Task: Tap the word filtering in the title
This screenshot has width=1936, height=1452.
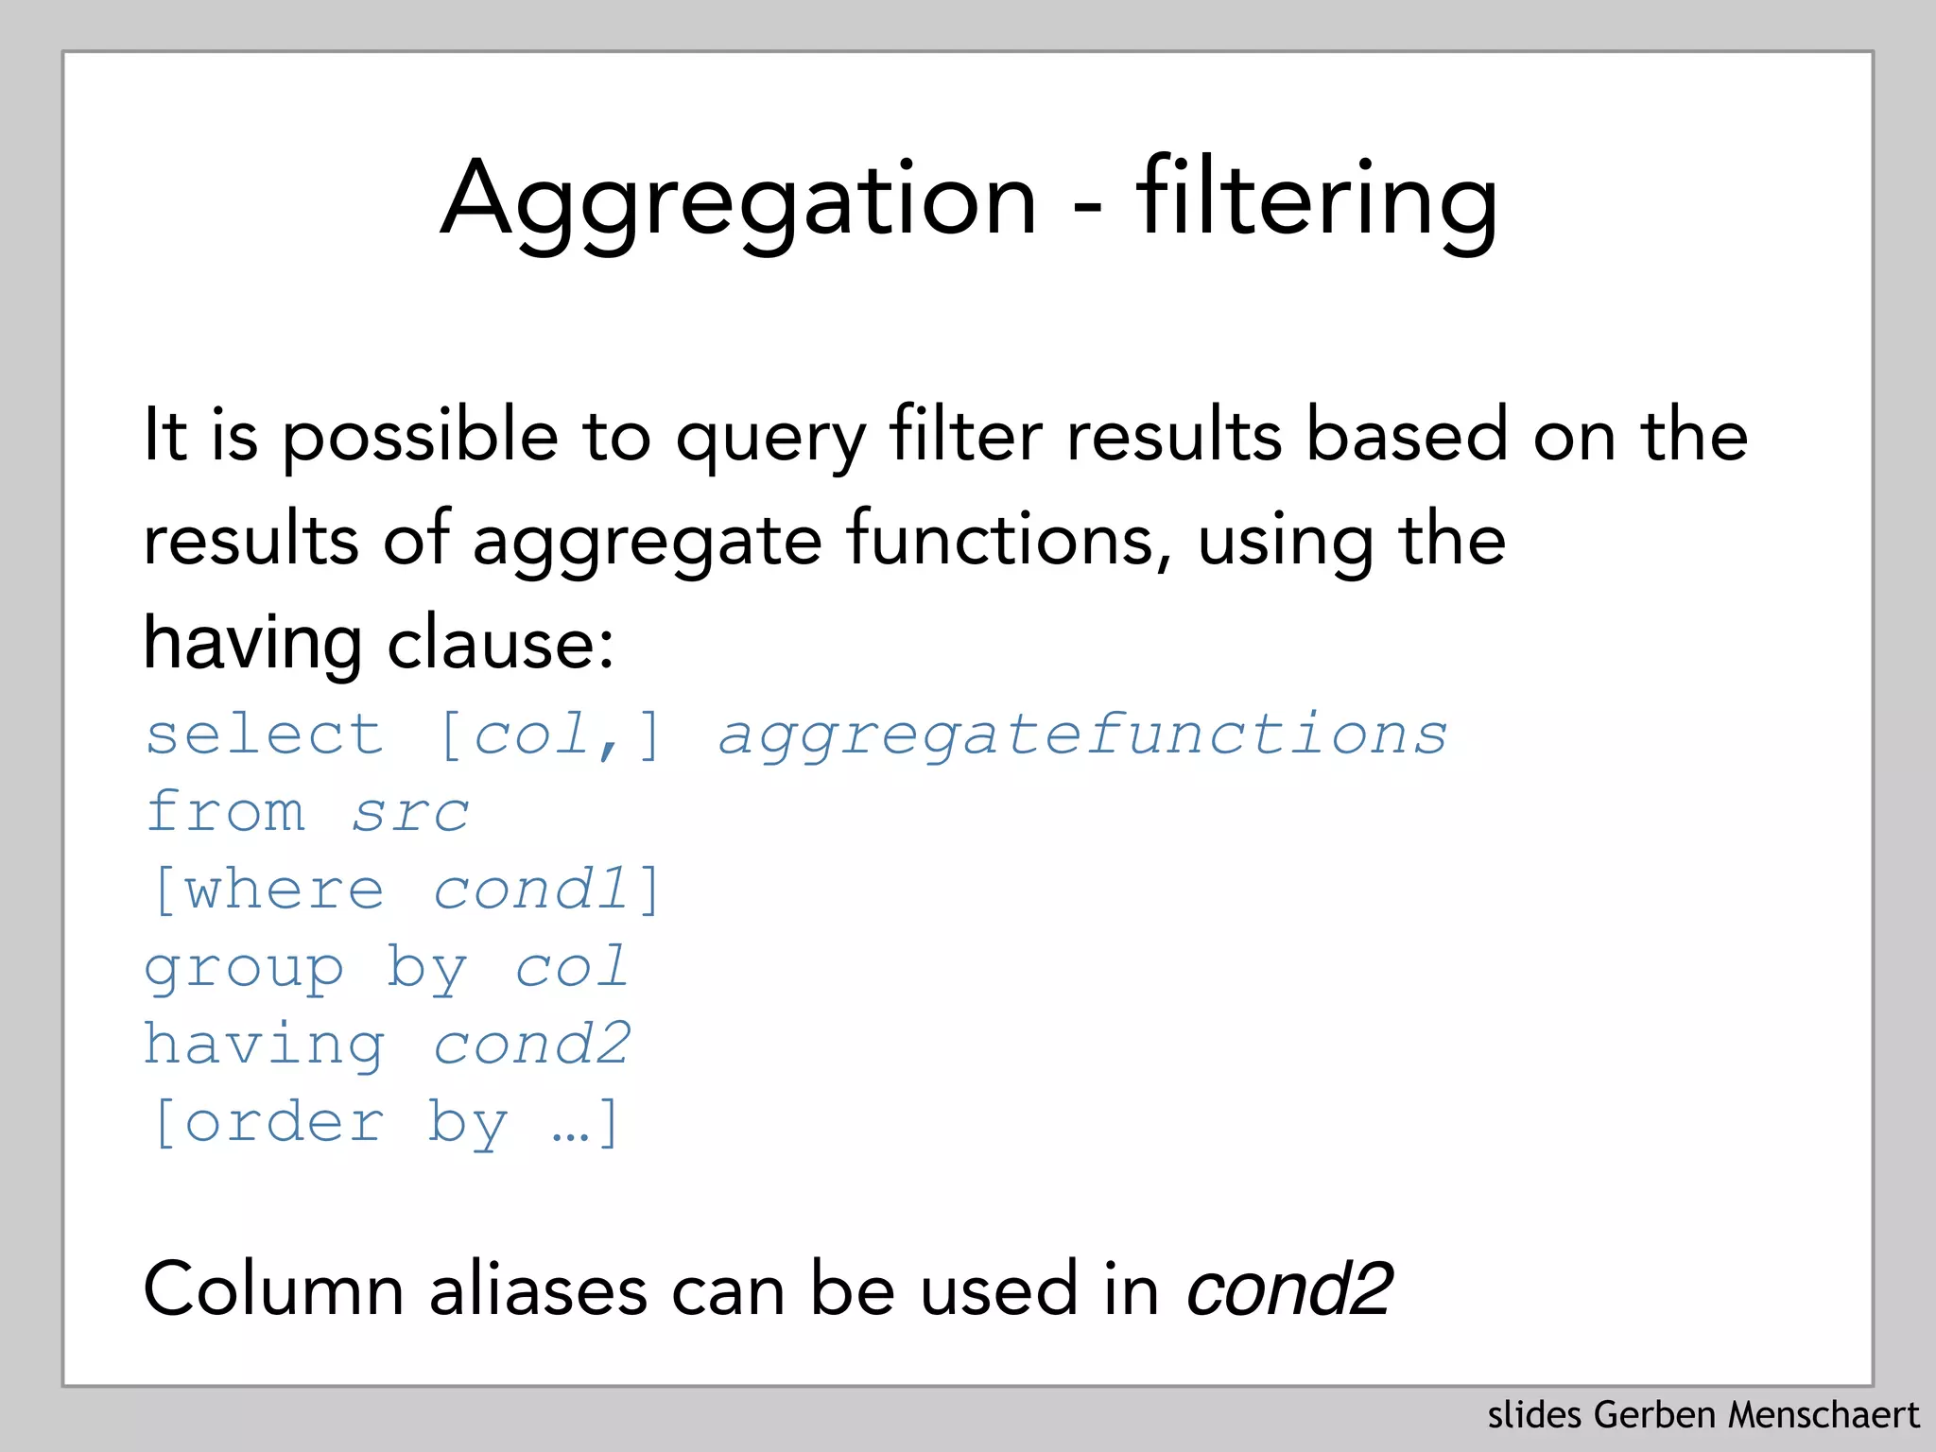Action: tap(1317, 200)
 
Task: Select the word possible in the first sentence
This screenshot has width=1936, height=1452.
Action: tap(420, 436)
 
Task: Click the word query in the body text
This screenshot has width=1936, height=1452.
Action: tap(770, 438)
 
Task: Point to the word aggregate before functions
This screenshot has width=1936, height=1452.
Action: tap(647, 542)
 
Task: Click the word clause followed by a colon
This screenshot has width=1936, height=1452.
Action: tap(500, 644)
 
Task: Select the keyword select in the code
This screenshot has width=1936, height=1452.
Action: tap(265, 735)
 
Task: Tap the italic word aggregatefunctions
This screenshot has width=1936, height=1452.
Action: tap(1082, 736)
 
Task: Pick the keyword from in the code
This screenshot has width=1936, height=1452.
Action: tap(226, 811)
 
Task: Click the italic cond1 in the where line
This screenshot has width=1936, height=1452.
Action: tap(531, 890)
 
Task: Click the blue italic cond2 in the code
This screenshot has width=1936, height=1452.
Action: tap(531, 1045)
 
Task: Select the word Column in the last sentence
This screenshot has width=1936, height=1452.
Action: tap(273, 1288)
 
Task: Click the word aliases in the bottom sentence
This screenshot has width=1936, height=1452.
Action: tap(538, 1288)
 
